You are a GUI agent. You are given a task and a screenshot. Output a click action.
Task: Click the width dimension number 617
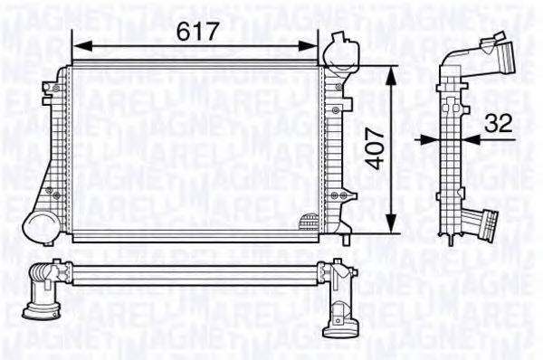pyautogui.click(x=196, y=31)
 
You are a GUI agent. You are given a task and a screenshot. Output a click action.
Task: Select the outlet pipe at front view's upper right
pyautogui.click(x=341, y=50)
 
